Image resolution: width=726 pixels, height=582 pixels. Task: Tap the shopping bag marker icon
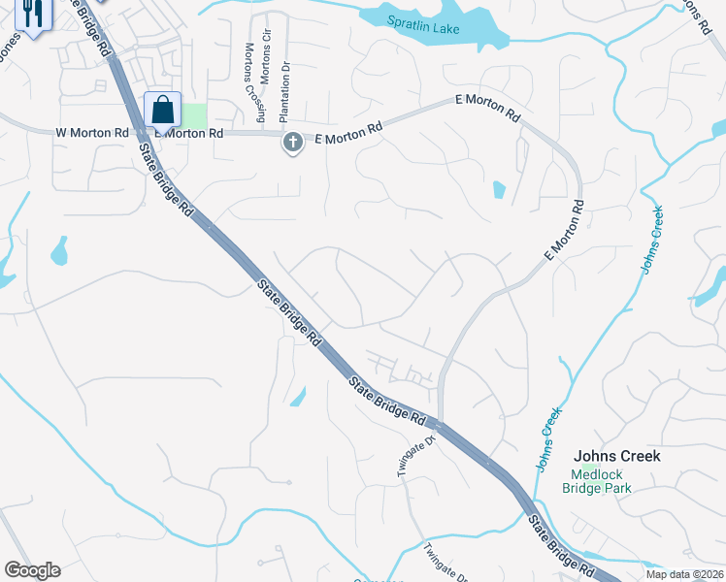pos(162,110)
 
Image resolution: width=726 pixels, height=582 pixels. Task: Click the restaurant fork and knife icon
pos(32,14)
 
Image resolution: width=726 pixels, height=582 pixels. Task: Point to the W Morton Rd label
pos(92,132)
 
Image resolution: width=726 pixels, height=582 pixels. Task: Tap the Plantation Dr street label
pos(285,93)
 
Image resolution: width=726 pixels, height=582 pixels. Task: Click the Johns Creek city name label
pos(616,456)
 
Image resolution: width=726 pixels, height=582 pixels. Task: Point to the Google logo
pos(32,570)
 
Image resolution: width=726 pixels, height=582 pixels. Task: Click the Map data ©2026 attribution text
pos(685,573)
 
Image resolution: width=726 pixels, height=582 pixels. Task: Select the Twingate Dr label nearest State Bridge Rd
pos(406,455)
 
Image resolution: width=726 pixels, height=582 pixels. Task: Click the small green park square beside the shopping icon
pos(195,115)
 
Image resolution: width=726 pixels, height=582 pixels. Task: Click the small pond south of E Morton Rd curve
pos(499,189)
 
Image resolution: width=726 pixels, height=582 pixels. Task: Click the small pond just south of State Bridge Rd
pos(297,396)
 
